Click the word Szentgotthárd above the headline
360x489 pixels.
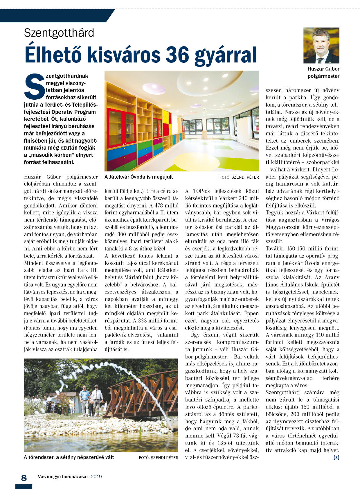(59, 33)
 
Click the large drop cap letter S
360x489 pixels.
(35, 86)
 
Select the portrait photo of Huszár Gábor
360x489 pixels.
(321, 45)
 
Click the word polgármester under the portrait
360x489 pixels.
(323, 76)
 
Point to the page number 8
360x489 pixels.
(24, 478)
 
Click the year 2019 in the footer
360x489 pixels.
(96, 477)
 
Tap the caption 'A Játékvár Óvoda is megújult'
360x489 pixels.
(139, 177)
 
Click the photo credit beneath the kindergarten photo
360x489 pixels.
(239, 177)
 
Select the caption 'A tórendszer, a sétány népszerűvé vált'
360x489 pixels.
(69, 457)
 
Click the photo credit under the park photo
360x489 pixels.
(159, 457)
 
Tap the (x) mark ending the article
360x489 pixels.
(336, 457)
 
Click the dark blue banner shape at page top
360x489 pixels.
(55, 16)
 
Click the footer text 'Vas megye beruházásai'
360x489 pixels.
(63, 477)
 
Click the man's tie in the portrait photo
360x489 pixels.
(320, 60)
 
